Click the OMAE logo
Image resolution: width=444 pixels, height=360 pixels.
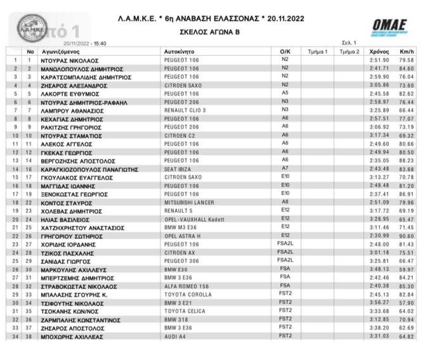tap(391, 27)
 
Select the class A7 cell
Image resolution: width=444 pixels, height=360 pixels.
tap(285, 168)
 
